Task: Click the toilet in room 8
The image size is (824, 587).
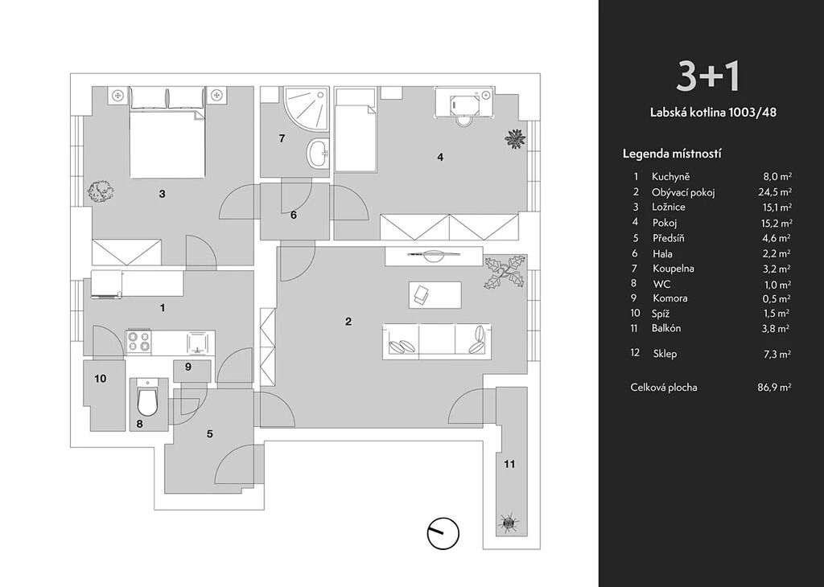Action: [148, 400]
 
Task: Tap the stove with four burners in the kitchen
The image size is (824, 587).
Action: [138, 342]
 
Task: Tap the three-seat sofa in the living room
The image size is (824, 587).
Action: [435, 340]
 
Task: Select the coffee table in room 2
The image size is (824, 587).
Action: [435, 294]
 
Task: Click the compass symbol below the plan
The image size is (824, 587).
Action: [442, 532]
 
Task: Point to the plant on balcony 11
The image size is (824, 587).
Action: [509, 523]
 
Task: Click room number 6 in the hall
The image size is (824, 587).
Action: [294, 215]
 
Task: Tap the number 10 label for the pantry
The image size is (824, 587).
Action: [101, 379]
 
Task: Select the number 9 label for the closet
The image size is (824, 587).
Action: [187, 367]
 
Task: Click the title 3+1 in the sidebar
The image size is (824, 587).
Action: [707, 76]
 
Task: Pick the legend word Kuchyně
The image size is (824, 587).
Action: [671, 177]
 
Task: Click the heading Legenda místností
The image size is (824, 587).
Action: [672, 154]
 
